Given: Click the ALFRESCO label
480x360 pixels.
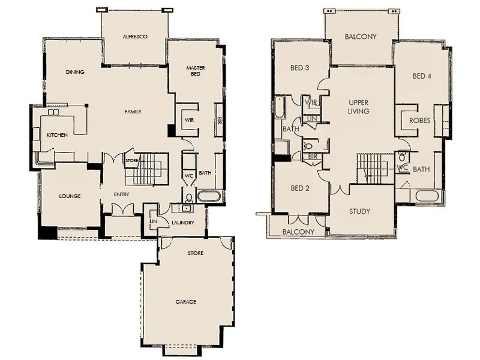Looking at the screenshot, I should coord(135,37).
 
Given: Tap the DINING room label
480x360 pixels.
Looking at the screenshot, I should coord(75,72).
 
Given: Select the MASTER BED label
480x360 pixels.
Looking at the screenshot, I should coord(196,71).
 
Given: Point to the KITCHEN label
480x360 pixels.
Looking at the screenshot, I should coord(57,135).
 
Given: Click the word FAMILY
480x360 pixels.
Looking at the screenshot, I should coord(133,112).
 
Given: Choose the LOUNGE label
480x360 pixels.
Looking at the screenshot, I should coord(70,196).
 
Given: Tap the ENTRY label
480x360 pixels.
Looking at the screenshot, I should coord(122,194).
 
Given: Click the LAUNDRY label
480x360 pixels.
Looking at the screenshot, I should coord(182,223).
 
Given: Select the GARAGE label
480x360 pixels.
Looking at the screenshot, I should coord(185,301).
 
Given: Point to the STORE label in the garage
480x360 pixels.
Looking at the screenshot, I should coord(196,253).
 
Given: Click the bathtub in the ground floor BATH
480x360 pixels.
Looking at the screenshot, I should coord(209,196).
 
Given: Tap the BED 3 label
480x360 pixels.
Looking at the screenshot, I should coord(299,68).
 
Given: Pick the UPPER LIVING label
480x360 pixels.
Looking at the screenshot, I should coord(358,107).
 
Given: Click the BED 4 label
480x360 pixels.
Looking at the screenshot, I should coord(422,76).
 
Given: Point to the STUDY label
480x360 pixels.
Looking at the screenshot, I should coord(359,211).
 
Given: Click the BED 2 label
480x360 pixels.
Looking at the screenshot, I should coord(299,188).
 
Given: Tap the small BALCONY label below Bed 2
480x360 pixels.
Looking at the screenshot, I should coord(298,232).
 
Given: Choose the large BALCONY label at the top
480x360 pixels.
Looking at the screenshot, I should coord(361,37).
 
